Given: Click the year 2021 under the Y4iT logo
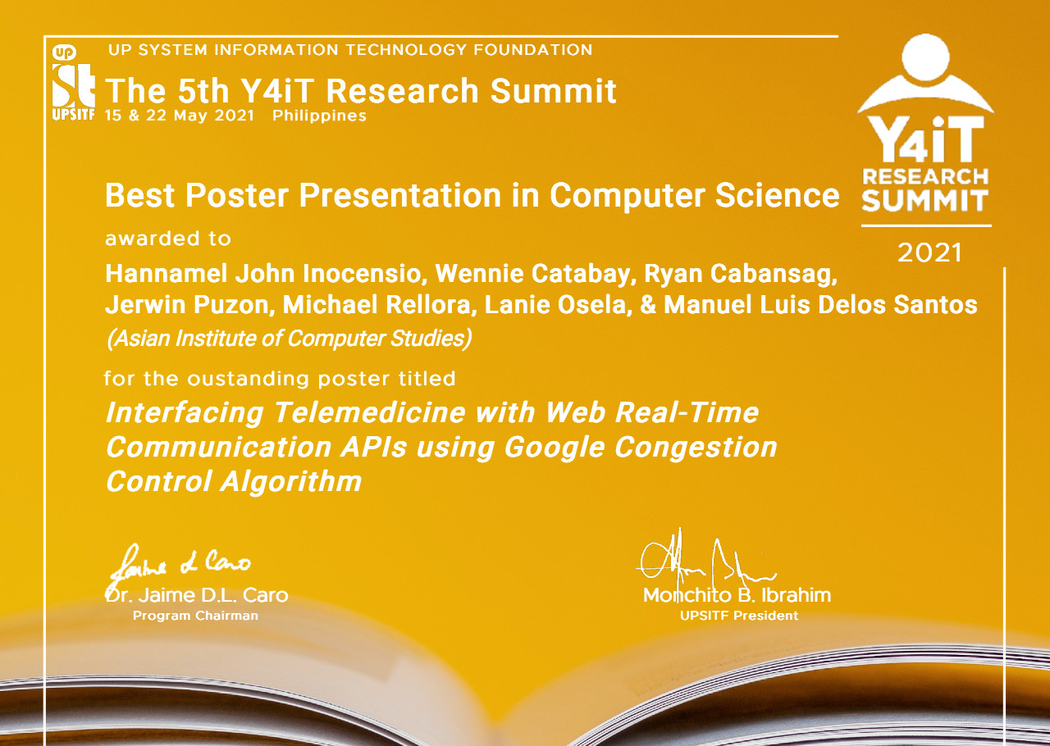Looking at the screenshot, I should [x=929, y=253].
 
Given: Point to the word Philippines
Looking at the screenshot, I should [x=319, y=116].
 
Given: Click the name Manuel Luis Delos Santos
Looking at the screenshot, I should [x=820, y=305].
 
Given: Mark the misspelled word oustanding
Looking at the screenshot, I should [x=258, y=379].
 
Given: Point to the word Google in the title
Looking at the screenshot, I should [x=554, y=447].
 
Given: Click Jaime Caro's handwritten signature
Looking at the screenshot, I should [x=180, y=564].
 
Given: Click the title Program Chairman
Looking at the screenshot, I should [x=195, y=616].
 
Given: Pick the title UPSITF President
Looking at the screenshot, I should [x=738, y=616].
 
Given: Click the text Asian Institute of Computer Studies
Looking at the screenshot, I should [x=288, y=338].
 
